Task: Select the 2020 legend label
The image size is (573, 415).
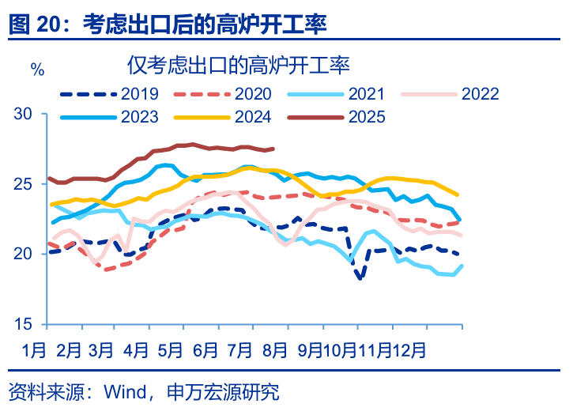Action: (x=254, y=94)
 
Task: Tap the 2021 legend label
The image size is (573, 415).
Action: (x=367, y=94)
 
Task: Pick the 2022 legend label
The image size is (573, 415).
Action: (x=481, y=94)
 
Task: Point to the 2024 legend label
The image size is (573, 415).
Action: (x=254, y=117)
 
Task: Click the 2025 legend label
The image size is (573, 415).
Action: (x=367, y=117)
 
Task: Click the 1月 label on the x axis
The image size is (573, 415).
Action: (x=35, y=349)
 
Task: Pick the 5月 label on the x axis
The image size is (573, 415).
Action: (x=171, y=349)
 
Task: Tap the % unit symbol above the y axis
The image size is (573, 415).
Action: (x=36, y=69)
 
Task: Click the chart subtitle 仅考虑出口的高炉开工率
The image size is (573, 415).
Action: (x=237, y=65)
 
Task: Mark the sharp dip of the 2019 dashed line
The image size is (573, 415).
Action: (x=360, y=278)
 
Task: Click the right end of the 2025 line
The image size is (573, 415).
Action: (x=273, y=149)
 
